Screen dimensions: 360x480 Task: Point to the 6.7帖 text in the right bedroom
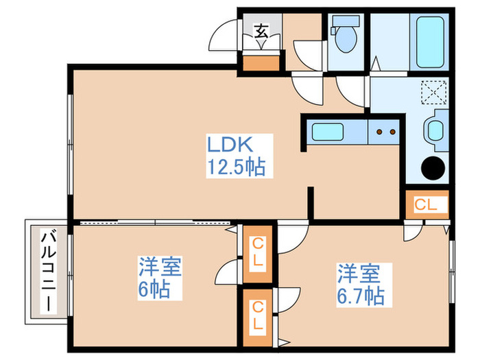pyautogui.click(x=359, y=296)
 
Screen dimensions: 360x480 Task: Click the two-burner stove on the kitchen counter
pyautogui.click(x=385, y=131)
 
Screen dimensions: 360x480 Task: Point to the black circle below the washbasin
pyautogui.click(x=433, y=167)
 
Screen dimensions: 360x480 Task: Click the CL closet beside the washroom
pyautogui.click(x=425, y=204)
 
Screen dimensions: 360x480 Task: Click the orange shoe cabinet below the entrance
pyautogui.click(x=262, y=63)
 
